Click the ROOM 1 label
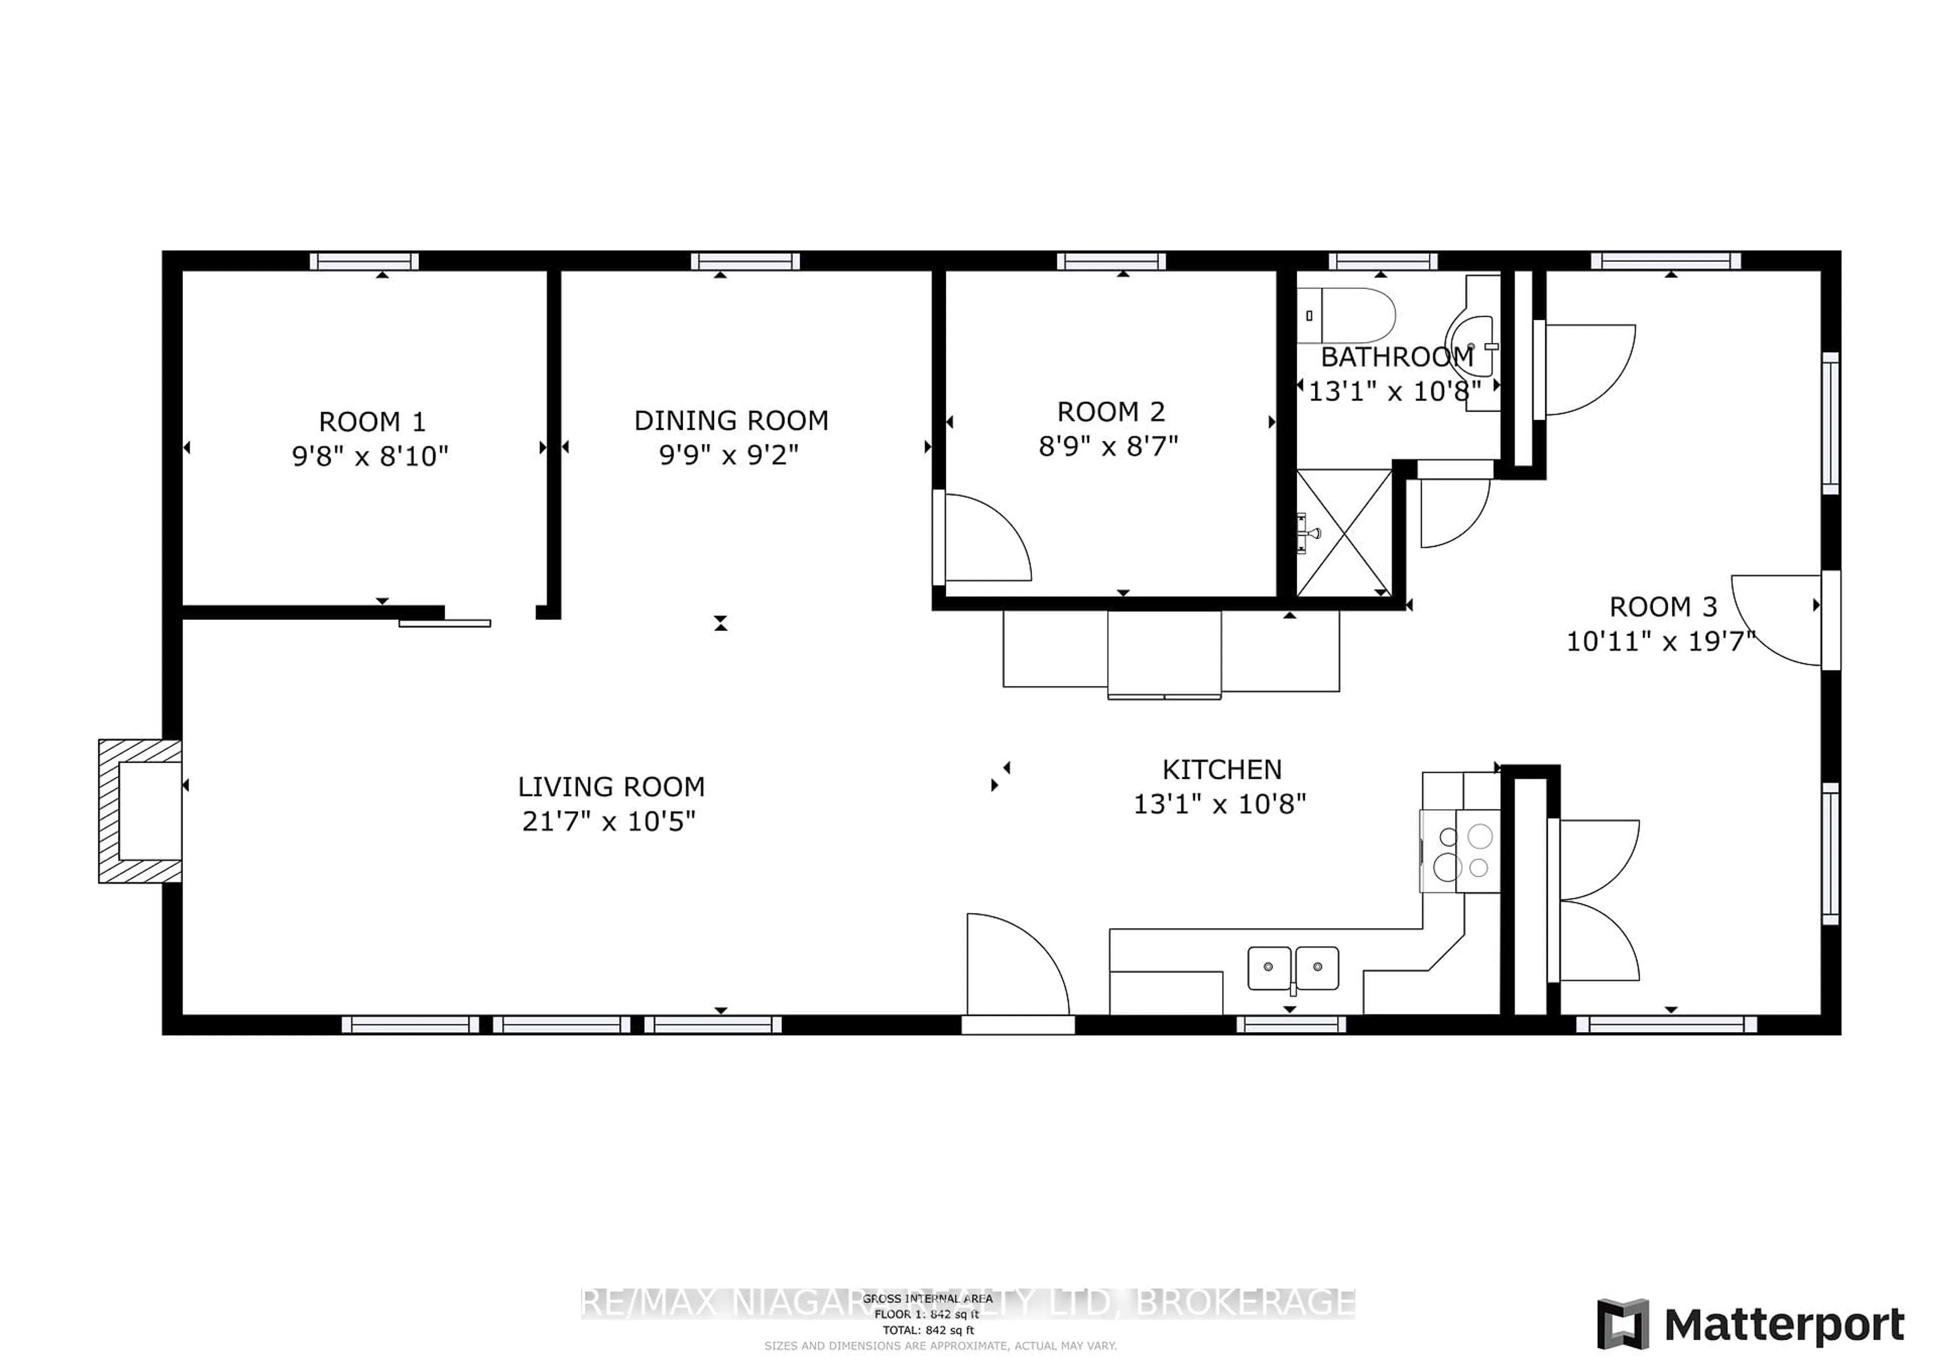(372, 422)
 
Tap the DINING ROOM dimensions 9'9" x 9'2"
(729, 455)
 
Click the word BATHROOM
(1397, 358)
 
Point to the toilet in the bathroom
(1347, 315)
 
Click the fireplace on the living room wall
(141, 811)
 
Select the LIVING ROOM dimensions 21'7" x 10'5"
(609, 822)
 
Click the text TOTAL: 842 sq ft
(928, 1330)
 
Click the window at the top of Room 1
(365, 261)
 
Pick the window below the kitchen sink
(1291, 1025)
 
